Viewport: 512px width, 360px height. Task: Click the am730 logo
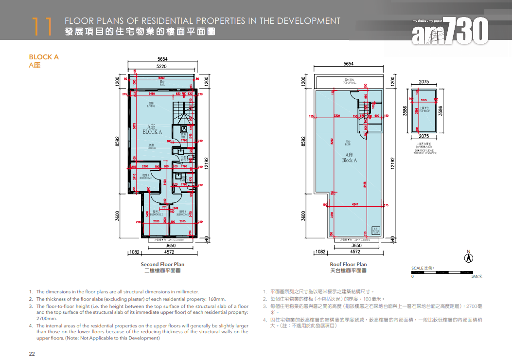[450, 30]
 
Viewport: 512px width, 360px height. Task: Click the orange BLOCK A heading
[44, 57]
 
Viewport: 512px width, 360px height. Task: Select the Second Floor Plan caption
[162, 264]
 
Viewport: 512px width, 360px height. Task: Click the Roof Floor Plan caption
[348, 264]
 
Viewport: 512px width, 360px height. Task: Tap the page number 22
[32, 354]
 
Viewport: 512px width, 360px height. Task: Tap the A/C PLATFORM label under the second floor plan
[162, 240]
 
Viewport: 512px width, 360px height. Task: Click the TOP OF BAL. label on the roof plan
[349, 82]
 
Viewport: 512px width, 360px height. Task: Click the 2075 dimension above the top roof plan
[424, 82]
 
